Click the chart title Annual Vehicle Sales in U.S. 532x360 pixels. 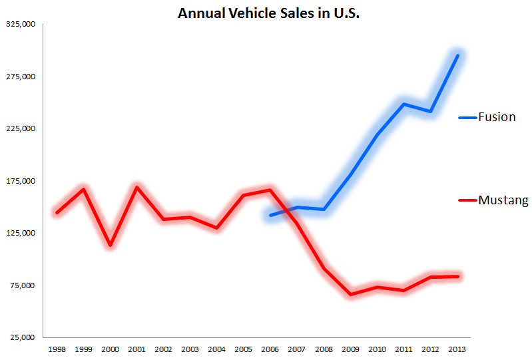click(x=268, y=13)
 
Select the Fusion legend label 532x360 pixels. click(x=497, y=117)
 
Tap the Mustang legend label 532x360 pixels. click(x=503, y=200)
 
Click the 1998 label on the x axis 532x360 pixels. click(x=57, y=349)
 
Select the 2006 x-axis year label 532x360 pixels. click(x=270, y=349)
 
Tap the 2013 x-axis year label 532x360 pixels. click(x=457, y=349)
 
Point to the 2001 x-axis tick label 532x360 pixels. click(x=136, y=349)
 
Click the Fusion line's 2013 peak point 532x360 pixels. click(x=457, y=55)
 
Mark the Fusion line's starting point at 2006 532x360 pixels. click(x=270, y=215)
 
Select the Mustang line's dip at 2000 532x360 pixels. click(x=110, y=246)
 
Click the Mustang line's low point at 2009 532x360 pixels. click(x=350, y=294)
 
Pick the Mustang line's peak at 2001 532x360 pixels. click(x=136, y=187)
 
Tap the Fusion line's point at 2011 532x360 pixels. click(x=403, y=104)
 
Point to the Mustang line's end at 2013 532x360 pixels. click(x=457, y=276)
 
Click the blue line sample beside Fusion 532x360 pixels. click(x=467, y=118)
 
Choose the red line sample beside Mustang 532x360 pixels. click(x=467, y=200)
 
